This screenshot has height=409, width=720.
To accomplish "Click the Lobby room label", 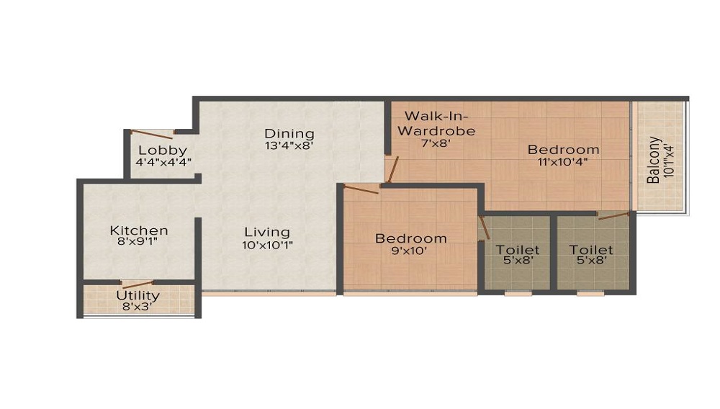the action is coord(163,150).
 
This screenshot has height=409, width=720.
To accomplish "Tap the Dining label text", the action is coord(289,134).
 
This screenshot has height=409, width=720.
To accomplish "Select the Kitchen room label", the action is coord(139,230).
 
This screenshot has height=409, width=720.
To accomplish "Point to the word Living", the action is coord(267,233).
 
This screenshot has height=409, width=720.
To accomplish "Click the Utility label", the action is coord(138,295).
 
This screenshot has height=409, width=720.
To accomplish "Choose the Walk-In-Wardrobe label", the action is coord(436,123).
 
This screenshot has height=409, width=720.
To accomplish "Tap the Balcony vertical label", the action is coord(654,160).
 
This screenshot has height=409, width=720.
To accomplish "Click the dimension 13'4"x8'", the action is coord(289,146).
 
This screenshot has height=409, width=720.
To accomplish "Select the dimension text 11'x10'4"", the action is coord(563,161).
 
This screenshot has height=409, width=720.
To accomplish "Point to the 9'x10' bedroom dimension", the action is coord(408,251).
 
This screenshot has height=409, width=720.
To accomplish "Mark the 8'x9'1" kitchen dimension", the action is coord(138,241).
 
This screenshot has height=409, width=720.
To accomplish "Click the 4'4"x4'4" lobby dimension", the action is coord(163,162).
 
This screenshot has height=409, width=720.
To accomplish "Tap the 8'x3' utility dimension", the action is coord(138,307).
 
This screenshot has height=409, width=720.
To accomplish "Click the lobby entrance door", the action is coord(151,134).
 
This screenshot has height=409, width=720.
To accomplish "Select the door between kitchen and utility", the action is coord(137,284).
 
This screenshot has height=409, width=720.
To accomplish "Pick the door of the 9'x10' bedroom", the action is coord(361,189).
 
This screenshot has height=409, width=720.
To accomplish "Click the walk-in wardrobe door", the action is coord(393,169).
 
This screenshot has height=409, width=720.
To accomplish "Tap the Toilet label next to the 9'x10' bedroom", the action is coord(518,250).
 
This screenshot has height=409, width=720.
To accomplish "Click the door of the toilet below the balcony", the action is coord(613,216).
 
